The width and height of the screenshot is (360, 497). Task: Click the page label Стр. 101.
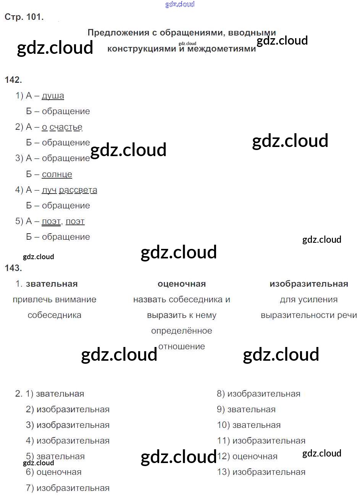(24, 17)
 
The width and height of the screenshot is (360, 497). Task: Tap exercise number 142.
(13, 80)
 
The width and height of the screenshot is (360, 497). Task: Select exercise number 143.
(13, 268)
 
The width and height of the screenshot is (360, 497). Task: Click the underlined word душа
(53, 96)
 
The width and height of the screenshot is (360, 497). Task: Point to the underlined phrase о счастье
(62, 127)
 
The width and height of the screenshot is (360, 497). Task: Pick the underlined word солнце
(57, 174)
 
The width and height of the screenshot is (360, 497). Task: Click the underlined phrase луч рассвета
(69, 190)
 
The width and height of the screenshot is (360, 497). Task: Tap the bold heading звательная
(52, 284)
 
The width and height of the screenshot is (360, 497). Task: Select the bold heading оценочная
(182, 284)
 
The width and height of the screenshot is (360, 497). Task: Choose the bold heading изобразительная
(309, 284)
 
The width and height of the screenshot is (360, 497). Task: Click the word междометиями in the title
(221, 49)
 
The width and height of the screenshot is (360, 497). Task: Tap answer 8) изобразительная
(258, 394)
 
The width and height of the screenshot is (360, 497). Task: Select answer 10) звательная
(249, 425)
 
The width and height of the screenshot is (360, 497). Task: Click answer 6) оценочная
(54, 472)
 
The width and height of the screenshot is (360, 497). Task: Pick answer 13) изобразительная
(261, 472)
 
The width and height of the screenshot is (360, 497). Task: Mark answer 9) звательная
(246, 410)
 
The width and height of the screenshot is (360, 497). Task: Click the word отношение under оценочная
(182, 347)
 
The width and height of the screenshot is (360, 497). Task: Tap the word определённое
(182, 331)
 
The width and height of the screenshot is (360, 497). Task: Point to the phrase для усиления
(309, 300)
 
